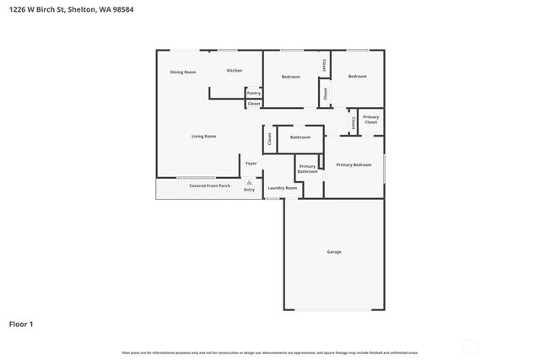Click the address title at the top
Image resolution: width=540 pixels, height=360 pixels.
71,9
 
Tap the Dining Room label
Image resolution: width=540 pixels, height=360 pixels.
183,73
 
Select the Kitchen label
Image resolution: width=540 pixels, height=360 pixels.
235,71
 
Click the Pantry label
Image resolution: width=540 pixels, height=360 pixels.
253,93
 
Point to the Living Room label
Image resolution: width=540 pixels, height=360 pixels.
203,137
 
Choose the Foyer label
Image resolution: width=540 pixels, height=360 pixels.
251,163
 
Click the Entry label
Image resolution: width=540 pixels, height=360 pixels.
249,190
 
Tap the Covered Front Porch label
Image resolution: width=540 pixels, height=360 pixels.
209,185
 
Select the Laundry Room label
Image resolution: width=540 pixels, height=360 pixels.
283,188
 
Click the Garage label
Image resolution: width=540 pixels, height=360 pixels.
334,252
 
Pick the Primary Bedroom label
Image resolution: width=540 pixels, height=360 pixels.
354,164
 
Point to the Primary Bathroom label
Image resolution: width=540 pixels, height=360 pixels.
307,169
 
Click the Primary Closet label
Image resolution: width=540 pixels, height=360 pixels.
371,120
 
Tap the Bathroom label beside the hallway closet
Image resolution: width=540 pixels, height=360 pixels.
300,137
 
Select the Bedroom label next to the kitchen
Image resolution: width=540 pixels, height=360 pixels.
291,77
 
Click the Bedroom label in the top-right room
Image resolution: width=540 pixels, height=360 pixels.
358,77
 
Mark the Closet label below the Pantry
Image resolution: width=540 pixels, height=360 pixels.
253,104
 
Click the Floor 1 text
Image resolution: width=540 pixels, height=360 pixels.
21,323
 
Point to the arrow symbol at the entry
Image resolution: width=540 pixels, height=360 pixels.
249,181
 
